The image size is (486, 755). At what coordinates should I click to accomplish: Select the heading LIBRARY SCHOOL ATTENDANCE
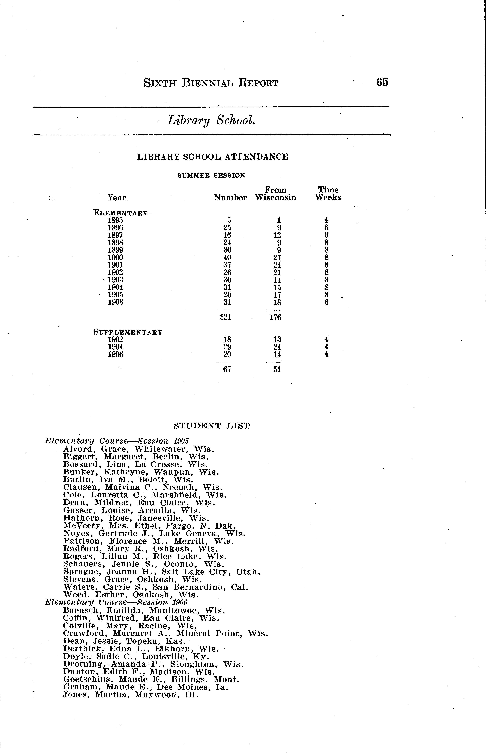pyautogui.click(x=212, y=157)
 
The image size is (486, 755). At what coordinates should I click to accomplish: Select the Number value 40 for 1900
pyautogui.click(x=227, y=258)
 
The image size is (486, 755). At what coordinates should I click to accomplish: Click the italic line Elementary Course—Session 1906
pyautogui.click(x=116, y=602)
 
